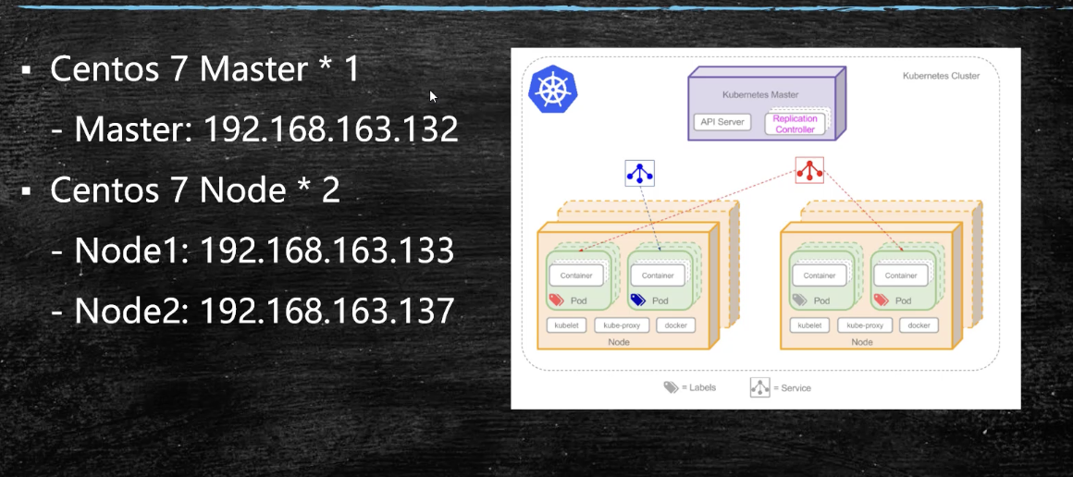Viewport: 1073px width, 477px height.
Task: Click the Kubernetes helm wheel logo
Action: tap(553, 90)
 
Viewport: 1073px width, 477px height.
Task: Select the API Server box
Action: tap(722, 122)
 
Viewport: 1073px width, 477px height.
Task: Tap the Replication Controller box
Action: tap(795, 124)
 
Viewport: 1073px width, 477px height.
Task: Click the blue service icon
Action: tap(640, 173)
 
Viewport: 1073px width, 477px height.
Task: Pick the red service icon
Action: tap(809, 170)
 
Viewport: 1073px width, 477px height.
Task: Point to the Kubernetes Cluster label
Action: tap(941, 76)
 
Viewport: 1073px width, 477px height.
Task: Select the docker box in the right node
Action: tap(919, 325)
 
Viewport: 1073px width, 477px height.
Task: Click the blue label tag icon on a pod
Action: tap(637, 300)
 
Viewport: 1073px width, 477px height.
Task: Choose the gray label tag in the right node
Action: tap(800, 300)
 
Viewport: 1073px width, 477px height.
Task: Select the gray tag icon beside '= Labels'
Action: tap(671, 387)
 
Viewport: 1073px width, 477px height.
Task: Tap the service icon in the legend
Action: tap(760, 387)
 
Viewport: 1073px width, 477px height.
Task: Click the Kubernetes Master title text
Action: tap(760, 94)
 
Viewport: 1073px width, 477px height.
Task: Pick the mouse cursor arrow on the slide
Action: tap(433, 95)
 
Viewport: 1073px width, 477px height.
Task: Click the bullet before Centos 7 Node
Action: tap(28, 191)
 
